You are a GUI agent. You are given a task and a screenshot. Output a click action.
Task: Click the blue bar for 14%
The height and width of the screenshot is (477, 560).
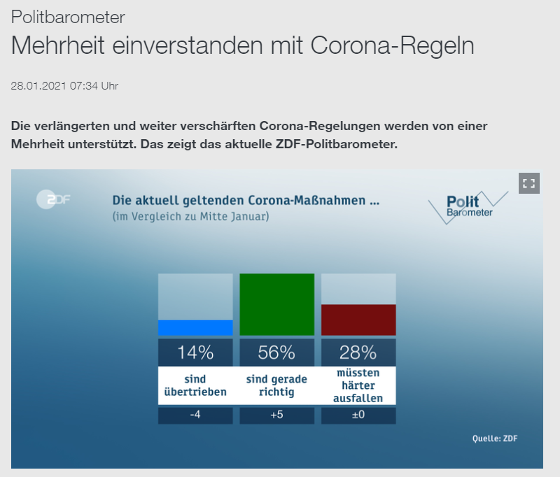pyautogui.click(x=195, y=327)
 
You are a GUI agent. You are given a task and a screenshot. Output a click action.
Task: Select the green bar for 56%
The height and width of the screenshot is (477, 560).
pyautogui.click(x=276, y=304)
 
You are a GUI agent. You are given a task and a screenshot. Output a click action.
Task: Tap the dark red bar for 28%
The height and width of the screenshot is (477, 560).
pyautogui.click(x=358, y=320)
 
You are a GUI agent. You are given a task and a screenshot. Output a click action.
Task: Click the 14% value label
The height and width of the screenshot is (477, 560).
pyautogui.click(x=195, y=353)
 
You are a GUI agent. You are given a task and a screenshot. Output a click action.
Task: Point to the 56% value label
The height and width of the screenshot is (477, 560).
pyautogui.click(x=276, y=353)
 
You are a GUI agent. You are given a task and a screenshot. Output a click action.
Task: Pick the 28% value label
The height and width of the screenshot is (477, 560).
pyautogui.click(x=358, y=353)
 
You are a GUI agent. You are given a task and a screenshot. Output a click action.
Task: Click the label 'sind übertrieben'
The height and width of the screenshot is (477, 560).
pyautogui.click(x=195, y=385)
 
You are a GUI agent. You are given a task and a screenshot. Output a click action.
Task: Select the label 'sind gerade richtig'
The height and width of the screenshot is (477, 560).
pyautogui.click(x=276, y=385)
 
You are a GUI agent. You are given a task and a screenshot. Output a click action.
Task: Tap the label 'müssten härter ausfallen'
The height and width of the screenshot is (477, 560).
pyautogui.click(x=358, y=385)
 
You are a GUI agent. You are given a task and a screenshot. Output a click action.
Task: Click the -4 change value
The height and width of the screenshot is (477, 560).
pyautogui.click(x=195, y=415)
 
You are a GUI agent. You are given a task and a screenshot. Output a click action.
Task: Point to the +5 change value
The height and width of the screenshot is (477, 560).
pyautogui.click(x=276, y=415)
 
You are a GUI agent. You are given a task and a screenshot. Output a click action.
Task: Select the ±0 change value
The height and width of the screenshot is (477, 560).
pyautogui.click(x=358, y=415)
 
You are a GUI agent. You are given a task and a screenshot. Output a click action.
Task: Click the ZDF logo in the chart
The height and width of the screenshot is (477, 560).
pyautogui.click(x=54, y=200)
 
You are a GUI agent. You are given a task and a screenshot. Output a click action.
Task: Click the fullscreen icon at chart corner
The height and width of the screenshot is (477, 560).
pyautogui.click(x=529, y=183)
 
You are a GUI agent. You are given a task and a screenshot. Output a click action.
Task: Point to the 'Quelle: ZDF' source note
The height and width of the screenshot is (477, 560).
pyautogui.click(x=495, y=439)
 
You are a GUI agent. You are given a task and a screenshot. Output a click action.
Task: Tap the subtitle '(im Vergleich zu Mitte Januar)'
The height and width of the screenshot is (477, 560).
pyautogui.click(x=190, y=217)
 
